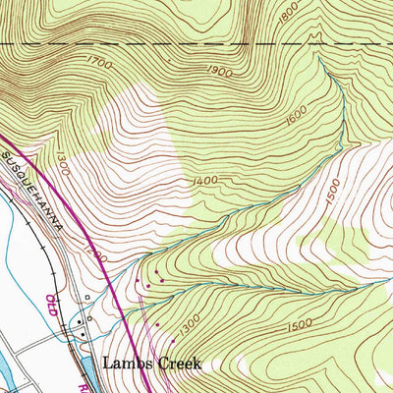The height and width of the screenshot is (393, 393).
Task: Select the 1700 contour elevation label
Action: [100, 63]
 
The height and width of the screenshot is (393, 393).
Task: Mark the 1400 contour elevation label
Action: [205, 181]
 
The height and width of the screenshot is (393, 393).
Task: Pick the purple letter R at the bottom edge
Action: [98, 386]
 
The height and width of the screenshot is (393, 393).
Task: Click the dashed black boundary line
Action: [196, 44]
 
